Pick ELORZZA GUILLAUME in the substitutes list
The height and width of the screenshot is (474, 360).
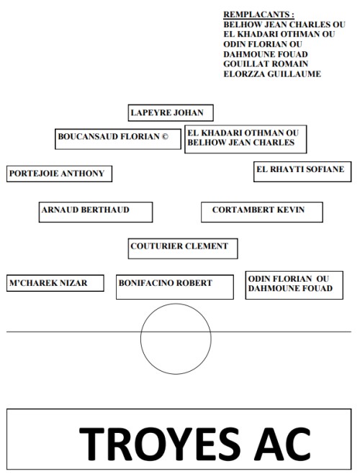(x=272, y=73)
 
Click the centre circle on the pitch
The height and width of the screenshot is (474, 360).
(x=176, y=339)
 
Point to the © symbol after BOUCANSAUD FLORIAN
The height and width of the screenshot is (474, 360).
(x=165, y=135)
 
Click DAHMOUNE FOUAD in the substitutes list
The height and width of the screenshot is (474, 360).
(x=266, y=54)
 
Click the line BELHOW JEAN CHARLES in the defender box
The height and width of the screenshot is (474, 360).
(x=240, y=143)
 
